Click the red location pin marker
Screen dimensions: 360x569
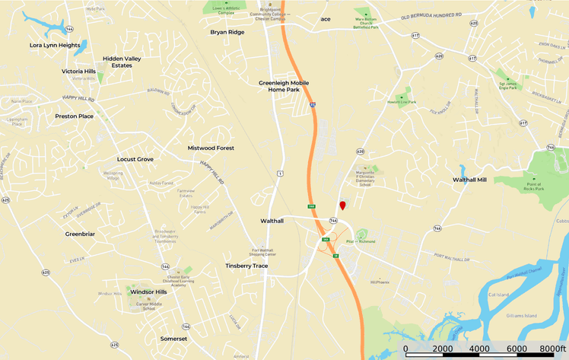pyautogui.click(x=342, y=205)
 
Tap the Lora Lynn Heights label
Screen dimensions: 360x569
pyautogui.click(x=55, y=46)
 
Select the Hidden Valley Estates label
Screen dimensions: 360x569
pyautogui.click(x=127, y=62)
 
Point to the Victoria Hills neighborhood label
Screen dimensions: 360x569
pyautogui.click(x=79, y=71)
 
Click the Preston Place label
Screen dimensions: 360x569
pyautogui.click(x=75, y=116)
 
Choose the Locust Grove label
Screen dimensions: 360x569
pyautogui.click(x=135, y=159)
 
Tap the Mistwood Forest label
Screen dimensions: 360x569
pyautogui.click(x=211, y=148)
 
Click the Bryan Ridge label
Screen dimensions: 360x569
pyautogui.click(x=227, y=32)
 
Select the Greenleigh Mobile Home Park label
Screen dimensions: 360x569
pyautogui.click(x=279, y=86)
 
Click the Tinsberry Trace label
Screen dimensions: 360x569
pyautogui.click(x=246, y=266)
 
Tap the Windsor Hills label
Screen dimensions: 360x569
pyautogui.click(x=148, y=292)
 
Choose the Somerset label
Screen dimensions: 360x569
pyautogui.click(x=173, y=339)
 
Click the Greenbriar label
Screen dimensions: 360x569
pyautogui.click(x=80, y=234)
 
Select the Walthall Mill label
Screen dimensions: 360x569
pyautogui.click(x=469, y=180)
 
